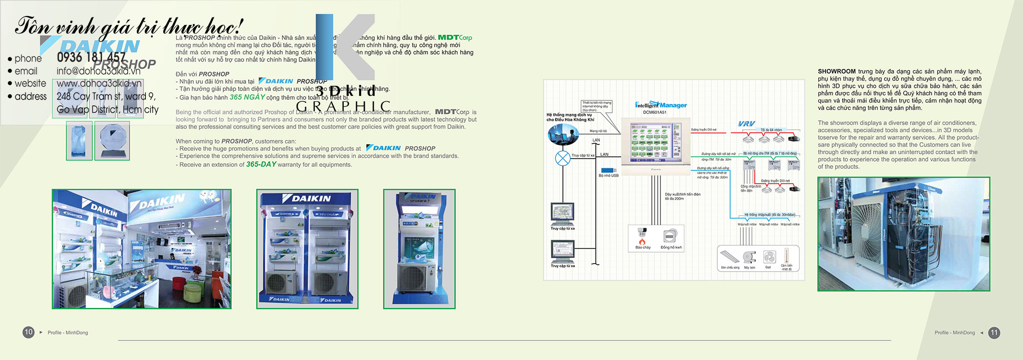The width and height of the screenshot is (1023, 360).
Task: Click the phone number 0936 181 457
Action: tap(91, 57)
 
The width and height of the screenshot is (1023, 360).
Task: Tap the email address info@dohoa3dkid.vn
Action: tap(98, 71)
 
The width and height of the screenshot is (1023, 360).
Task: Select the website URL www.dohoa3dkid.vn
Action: tap(99, 83)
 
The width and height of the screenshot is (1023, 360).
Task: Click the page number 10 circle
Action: tap(28, 332)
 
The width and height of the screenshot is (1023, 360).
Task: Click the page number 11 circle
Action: tap(994, 333)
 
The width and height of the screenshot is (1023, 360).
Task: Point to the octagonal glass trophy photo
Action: tap(112, 141)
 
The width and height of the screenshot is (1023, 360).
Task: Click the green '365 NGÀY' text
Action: tap(247, 97)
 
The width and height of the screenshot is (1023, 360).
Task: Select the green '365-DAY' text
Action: tap(261, 164)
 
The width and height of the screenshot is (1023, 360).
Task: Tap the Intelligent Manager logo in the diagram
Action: tap(660, 105)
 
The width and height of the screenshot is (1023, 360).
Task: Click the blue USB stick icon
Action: tap(608, 170)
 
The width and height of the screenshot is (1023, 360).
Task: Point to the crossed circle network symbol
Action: tap(563, 158)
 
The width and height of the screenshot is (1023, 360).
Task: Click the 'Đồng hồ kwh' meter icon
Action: tap(670, 236)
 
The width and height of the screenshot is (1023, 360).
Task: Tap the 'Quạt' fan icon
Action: tap(768, 257)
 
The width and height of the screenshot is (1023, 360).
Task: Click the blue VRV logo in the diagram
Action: tap(747, 123)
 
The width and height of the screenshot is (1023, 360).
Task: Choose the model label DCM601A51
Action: tap(654, 112)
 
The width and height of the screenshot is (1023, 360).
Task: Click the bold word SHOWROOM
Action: tap(837, 71)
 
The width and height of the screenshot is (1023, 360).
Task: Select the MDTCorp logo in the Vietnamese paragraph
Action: tap(455, 37)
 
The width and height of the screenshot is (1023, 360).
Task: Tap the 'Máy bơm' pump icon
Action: tap(749, 257)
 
